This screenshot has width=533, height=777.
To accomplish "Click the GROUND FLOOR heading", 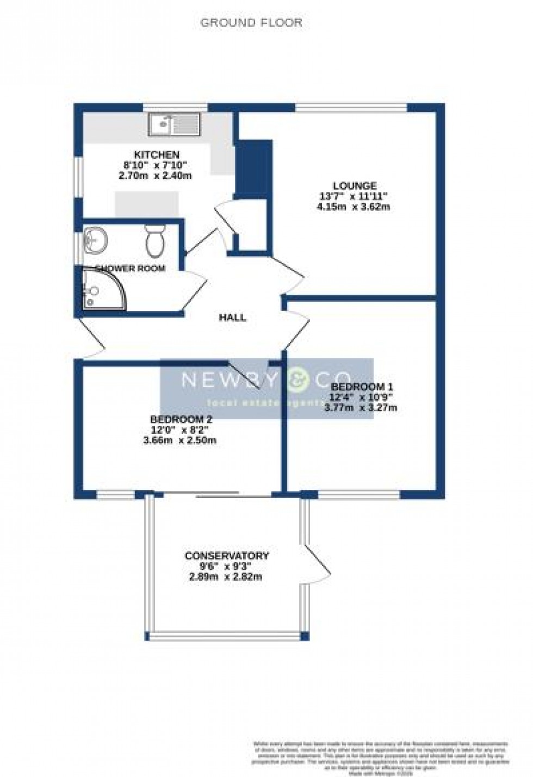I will (x=251, y=23).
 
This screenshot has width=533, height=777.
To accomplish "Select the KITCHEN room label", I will (x=157, y=155).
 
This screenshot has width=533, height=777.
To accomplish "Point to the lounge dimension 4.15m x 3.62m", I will (x=354, y=207).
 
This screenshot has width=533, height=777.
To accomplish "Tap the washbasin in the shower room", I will (x=96, y=241).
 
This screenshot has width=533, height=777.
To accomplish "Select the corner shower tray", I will (x=101, y=289).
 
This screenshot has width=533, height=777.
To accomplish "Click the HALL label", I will (x=232, y=318).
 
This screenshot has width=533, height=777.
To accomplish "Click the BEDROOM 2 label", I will (x=181, y=419).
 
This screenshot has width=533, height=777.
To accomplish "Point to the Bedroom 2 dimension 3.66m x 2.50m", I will (x=180, y=440).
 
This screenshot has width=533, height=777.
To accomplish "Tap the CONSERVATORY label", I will (x=227, y=556).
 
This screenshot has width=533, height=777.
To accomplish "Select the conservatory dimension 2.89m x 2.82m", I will (x=226, y=576).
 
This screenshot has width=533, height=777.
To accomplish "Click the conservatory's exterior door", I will (x=315, y=562).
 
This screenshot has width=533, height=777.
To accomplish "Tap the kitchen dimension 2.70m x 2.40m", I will (x=156, y=176).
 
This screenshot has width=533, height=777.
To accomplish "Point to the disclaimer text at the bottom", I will (x=380, y=754).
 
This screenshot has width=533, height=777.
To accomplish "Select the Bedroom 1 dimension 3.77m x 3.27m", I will (x=361, y=407).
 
